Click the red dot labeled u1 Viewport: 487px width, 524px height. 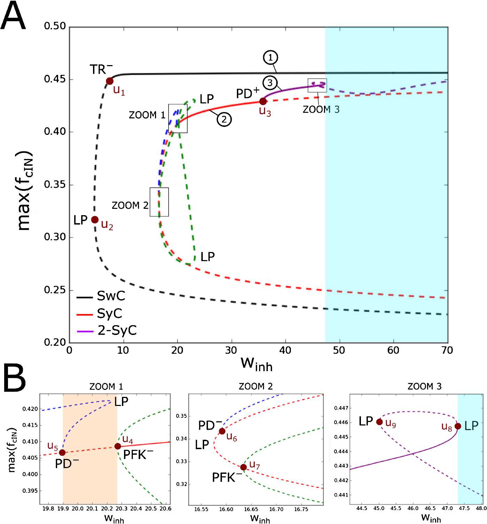(110, 81)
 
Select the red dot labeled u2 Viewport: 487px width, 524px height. (95, 220)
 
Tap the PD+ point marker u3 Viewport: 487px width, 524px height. (263, 101)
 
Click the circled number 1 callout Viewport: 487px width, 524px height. (271, 57)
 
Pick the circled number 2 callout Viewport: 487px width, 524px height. (224, 119)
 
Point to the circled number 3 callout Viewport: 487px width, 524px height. (270, 83)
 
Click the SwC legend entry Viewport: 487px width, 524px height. (101, 296)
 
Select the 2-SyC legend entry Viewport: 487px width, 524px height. (107, 330)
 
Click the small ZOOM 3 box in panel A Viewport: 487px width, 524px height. (317, 85)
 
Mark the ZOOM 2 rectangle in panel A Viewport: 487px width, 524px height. (159, 202)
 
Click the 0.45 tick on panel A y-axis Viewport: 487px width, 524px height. (55, 79)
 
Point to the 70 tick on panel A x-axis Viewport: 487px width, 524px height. (447, 350)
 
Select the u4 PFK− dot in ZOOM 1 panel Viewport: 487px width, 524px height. (118, 446)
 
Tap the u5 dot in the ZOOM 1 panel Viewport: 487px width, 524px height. (62, 453)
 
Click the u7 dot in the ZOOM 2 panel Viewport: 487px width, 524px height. (243, 467)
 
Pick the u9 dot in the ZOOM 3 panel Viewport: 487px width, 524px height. (379, 422)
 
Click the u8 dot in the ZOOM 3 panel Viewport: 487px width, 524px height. (458, 426)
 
